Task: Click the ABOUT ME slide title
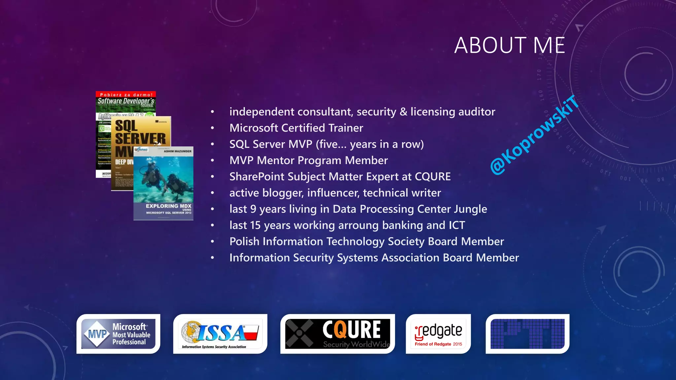[510, 45]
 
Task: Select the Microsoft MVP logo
[118, 334]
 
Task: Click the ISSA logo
[220, 334]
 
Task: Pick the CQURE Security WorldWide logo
[337, 334]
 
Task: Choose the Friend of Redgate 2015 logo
[438, 334]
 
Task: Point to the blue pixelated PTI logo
[527, 334]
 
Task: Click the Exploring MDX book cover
[163, 183]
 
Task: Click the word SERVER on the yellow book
[140, 139]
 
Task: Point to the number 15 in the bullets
[255, 225]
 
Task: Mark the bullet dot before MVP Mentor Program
[213, 161]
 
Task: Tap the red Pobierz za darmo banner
[126, 95]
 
